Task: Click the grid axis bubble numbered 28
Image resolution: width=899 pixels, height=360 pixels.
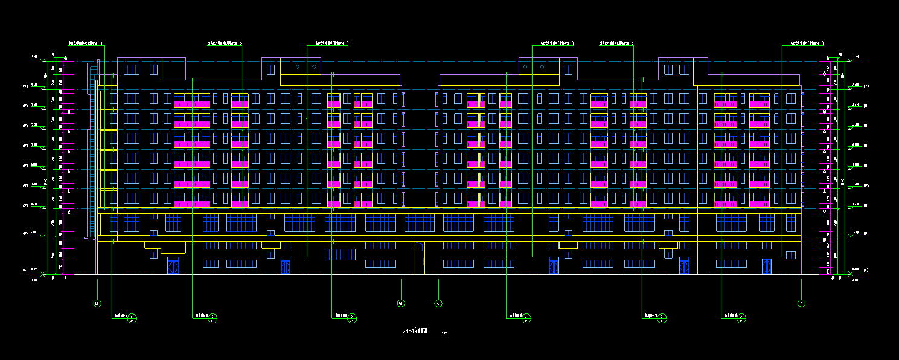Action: coord(97,303)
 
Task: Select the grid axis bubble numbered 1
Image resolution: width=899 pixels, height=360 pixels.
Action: coord(802,303)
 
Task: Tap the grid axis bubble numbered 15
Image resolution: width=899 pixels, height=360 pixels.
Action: coord(400,303)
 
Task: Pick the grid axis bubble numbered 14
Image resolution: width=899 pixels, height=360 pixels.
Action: coord(438,303)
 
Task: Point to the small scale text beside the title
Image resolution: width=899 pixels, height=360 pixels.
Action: coord(444,332)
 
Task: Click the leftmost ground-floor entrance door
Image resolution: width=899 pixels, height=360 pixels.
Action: coord(173,266)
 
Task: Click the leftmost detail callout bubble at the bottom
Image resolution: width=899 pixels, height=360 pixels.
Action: coord(133,318)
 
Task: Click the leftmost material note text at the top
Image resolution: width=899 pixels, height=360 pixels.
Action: coord(85,43)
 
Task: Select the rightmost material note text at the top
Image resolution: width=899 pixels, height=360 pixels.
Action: coord(807,43)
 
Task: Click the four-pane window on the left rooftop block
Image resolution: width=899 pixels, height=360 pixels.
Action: coord(131,69)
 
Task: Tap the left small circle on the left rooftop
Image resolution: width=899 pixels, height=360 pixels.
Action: coord(298,66)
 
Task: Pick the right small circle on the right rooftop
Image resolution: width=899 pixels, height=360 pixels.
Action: coord(542,66)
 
